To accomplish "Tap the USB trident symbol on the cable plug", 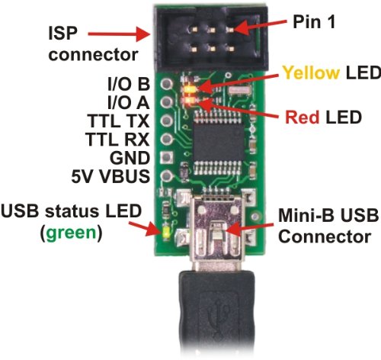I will click(x=218, y=328).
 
